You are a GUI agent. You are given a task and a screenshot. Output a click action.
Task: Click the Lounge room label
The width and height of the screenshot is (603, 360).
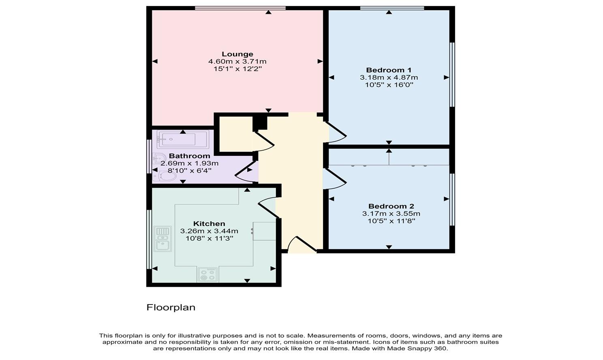pyautogui.click(x=237, y=54)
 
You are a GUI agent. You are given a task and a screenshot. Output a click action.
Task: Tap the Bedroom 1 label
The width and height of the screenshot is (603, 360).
pyautogui.click(x=389, y=70)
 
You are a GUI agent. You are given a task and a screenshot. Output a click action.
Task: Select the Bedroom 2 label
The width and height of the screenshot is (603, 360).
pyautogui.click(x=391, y=206)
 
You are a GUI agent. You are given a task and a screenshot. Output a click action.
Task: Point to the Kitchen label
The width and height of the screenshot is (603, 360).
pyautogui.click(x=209, y=224)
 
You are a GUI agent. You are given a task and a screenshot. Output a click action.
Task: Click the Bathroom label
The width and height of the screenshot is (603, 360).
pyautogui.click(x=190, y=156)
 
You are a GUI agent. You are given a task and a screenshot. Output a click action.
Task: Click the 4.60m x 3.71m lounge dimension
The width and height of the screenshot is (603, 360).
pyautogui.click(x=237, y=61)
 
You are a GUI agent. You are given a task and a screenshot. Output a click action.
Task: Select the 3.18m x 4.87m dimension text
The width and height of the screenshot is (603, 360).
pyautogui.click(x=389, y=77)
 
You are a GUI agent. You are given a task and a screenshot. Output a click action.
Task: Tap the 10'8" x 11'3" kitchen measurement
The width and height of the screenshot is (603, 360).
pyautogui.click(x=209, y=239)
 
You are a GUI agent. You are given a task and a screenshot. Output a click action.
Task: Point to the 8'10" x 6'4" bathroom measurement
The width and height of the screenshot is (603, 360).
pyautogui.click(x=190, y=170)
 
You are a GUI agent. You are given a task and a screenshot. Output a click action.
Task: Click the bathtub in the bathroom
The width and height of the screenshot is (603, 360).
pyautogui.click(x=183, y=139)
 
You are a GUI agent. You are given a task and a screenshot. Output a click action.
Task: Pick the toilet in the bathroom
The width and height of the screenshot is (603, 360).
pyautogui.click(x=164, y=176)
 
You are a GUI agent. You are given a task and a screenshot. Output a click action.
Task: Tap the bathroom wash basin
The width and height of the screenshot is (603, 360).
pyautogui.click(x=158, y=158)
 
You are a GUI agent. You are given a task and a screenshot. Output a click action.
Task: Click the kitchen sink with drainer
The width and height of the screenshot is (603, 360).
pyautogui.click(x=163, y=239)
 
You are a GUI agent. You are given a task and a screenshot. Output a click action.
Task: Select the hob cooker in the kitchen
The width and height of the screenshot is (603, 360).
pyautogui.click(x=207, y=275)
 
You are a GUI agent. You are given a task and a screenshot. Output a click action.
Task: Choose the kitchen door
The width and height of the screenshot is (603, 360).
pyautogui.click(x=268, y=207)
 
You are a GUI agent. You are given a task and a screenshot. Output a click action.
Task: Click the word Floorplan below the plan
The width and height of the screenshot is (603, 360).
pyautogui.click(x=171, y=307)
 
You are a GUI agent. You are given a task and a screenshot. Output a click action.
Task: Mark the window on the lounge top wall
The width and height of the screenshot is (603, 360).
pyautogui.click(x=240, y=8)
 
